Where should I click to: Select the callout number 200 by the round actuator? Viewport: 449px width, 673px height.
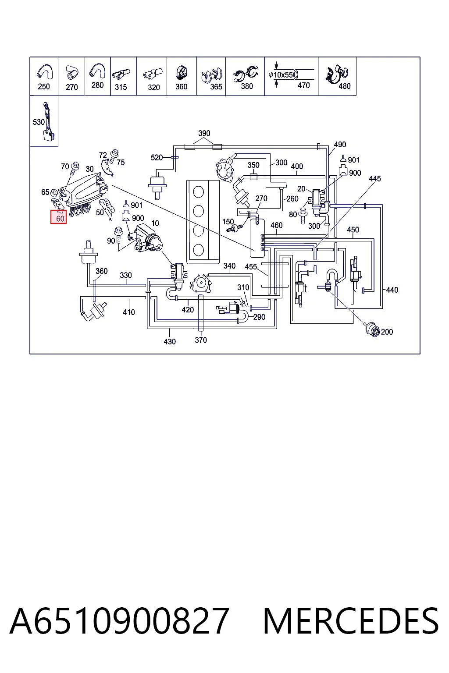click(x=387, y=332)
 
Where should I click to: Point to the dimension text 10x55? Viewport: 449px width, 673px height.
click(x=283, y=74)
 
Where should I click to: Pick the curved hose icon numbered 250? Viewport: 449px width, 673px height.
click(x=45, y=72)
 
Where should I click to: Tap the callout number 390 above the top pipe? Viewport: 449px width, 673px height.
click(x=204, y=133)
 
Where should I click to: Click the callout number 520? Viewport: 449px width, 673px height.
click(x=157, y=157)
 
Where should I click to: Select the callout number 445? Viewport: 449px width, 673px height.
click(x=375, y=179)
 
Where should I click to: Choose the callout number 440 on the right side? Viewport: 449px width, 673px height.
click(x=392, y=290)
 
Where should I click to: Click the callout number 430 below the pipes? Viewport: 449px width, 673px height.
click(x=170, y=342)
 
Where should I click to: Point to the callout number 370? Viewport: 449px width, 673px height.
click(x=201, y=340)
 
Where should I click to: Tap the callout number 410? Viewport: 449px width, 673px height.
click(x=129, y=312)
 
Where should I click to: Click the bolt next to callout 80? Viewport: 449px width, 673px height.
click(x=303, y=216)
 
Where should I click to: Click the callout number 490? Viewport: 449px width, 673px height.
click(x=340, y=145)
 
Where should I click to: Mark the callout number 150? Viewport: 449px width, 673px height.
click(x=228, y=222)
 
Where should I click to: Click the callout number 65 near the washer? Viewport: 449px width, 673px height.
click(x=45, y=192)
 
